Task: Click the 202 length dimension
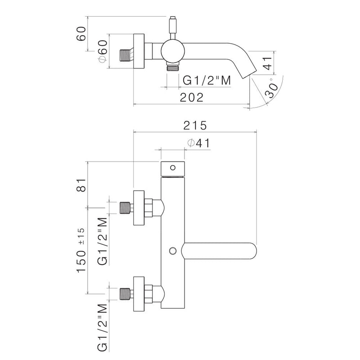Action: tap(192, 97)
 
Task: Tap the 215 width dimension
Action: tap(195, 126)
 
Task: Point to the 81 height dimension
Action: tap(81, 185)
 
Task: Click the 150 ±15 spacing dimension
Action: tap(81, 250)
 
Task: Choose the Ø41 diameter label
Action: tap(199, 143)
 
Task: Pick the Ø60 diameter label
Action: tap(103, 51)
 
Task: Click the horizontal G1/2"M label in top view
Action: tap(207, 81)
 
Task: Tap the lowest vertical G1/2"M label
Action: tap(103, 328)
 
